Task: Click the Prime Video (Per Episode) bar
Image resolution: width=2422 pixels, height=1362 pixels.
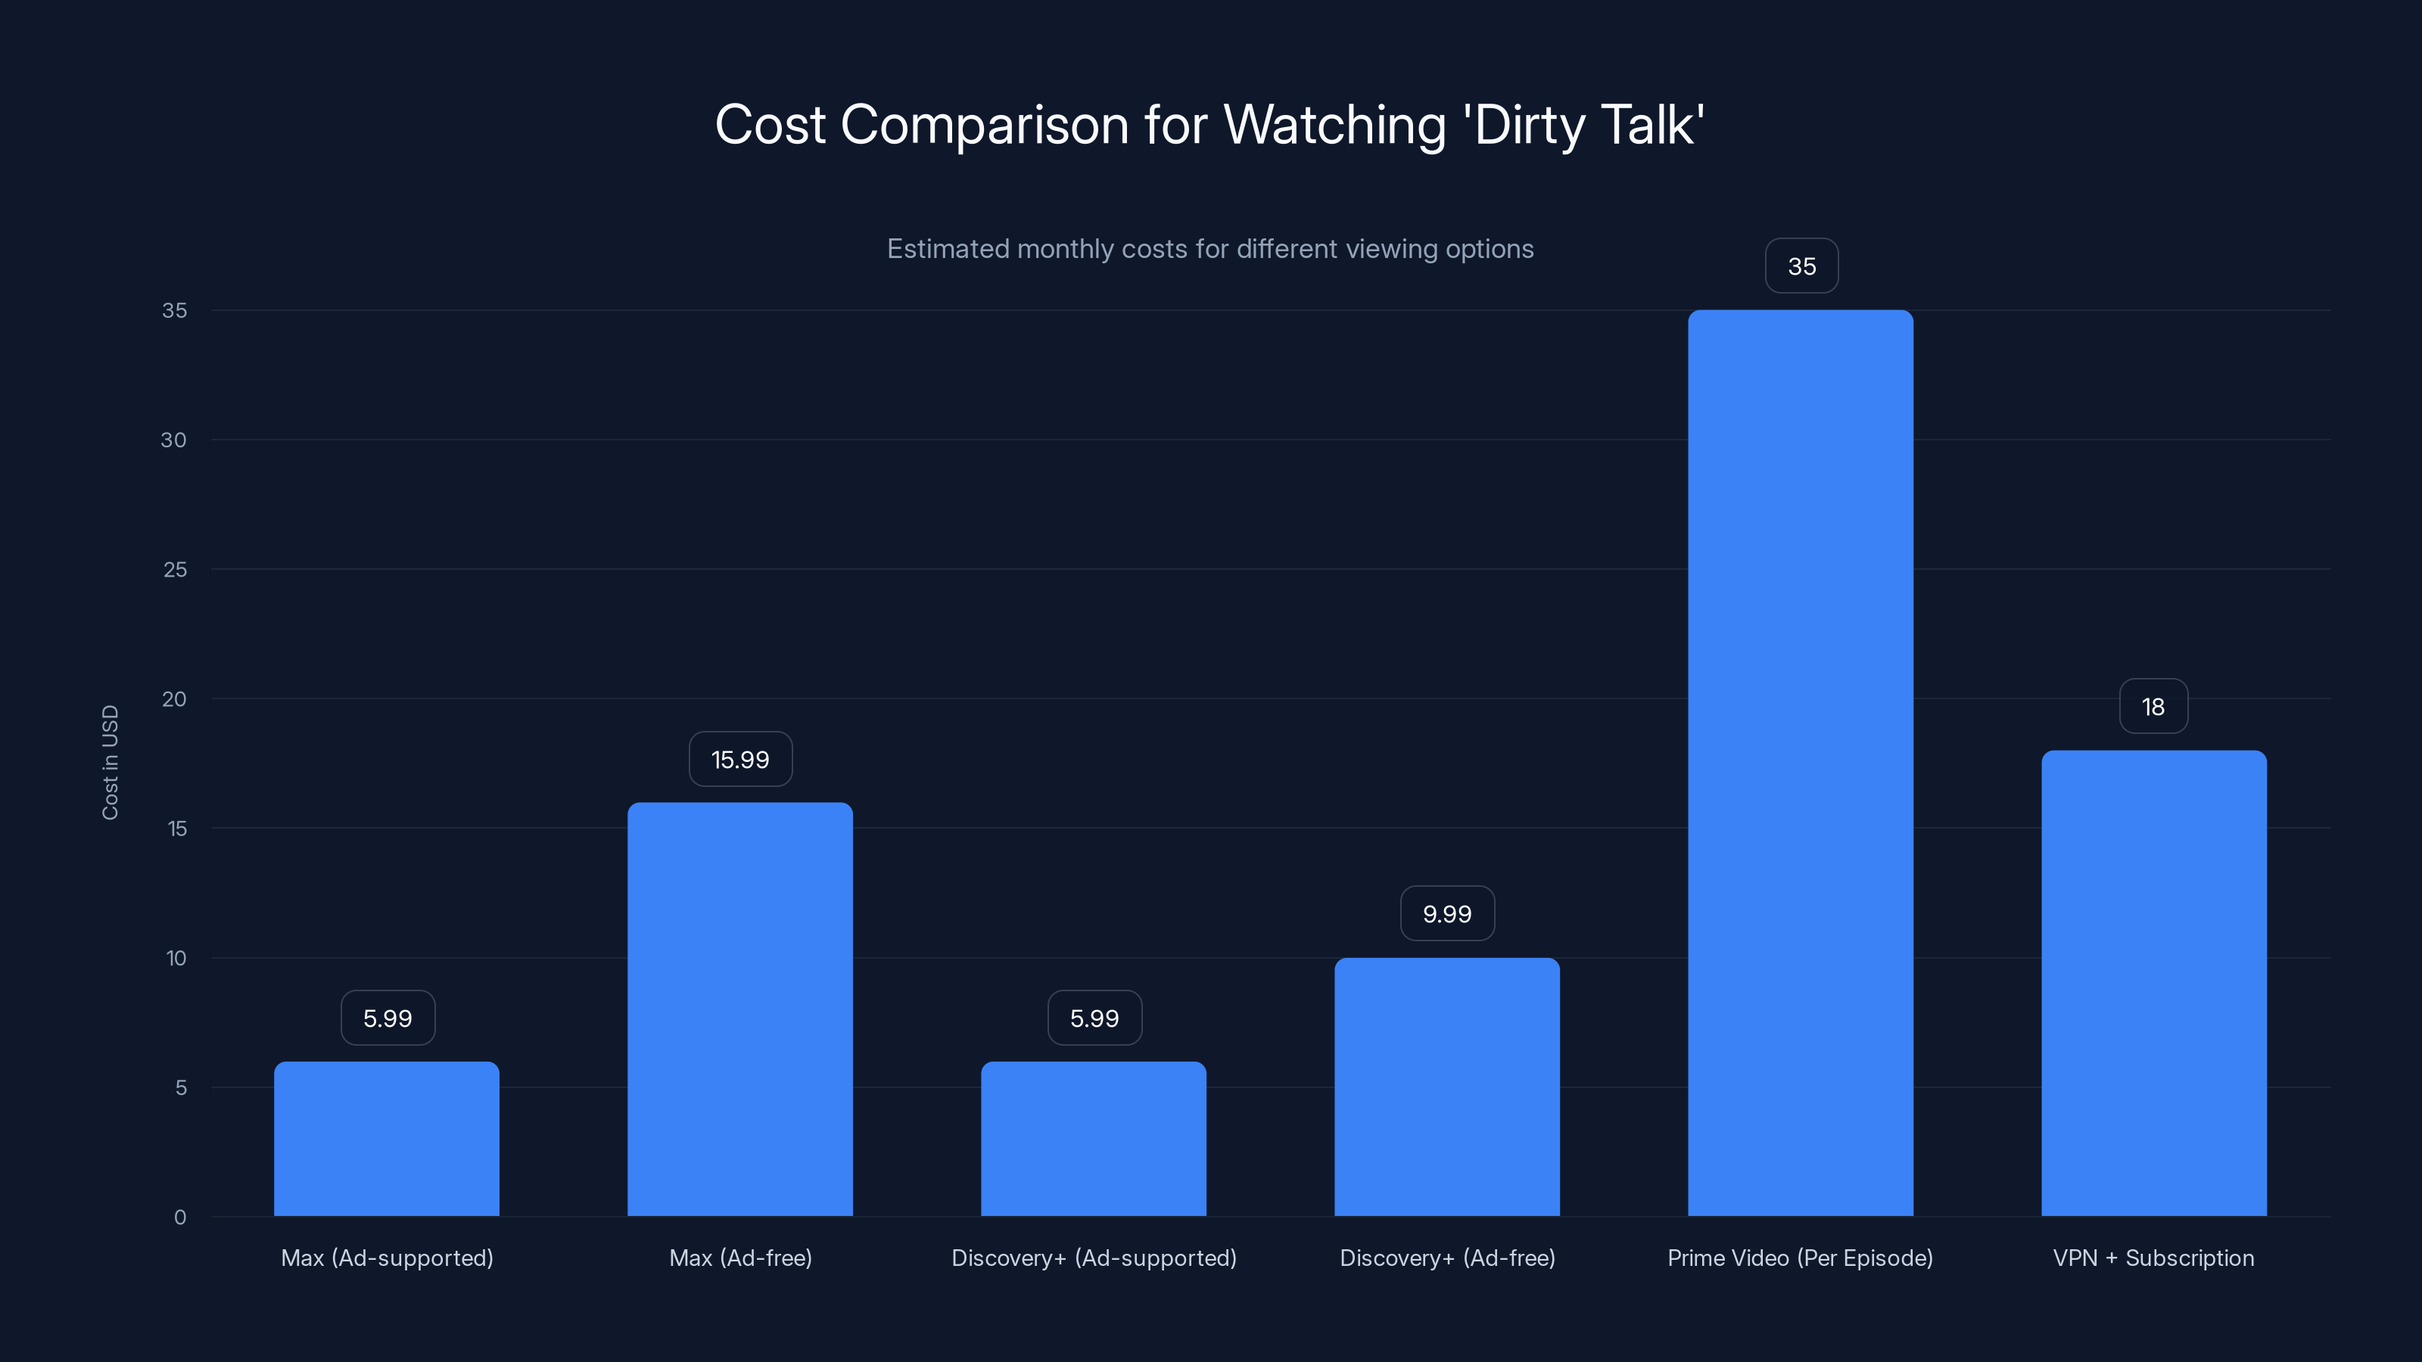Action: [x=1800, y=762]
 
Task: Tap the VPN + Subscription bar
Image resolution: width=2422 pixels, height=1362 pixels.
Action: [x=2153, y=982]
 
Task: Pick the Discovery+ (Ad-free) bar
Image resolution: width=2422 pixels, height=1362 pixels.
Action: [x=1446, y=1087]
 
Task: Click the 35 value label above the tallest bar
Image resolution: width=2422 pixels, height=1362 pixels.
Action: [x=1801, y=266]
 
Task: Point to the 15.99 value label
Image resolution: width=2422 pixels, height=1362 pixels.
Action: [x=740, y=760]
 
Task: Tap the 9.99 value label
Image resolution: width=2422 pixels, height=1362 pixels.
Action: [x=1447, y=913]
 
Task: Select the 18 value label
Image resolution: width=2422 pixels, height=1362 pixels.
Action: [x=2153, y=707]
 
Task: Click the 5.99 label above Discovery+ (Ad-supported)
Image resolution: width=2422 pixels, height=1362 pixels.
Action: [x=1094, y=1018]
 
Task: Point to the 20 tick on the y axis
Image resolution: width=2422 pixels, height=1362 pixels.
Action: [x=174, y=699]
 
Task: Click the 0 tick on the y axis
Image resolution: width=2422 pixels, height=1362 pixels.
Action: [x=179, y=1217]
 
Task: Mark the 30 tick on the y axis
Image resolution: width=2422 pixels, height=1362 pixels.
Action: [x=174, y=440]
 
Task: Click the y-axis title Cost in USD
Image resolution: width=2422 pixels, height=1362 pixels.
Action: [x=110, y=762]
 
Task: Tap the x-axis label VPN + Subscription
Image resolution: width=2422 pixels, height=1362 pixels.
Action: [x=2153, y=1258]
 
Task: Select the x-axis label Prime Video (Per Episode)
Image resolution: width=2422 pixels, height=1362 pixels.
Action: [x=1800, y=1258]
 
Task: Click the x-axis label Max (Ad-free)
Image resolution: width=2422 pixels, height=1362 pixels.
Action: [x=740, y=1258]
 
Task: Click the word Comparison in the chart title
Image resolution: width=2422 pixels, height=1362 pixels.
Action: [x=985, y=125]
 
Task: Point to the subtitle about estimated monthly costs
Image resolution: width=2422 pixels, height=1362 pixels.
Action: [x=1210, y=249]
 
